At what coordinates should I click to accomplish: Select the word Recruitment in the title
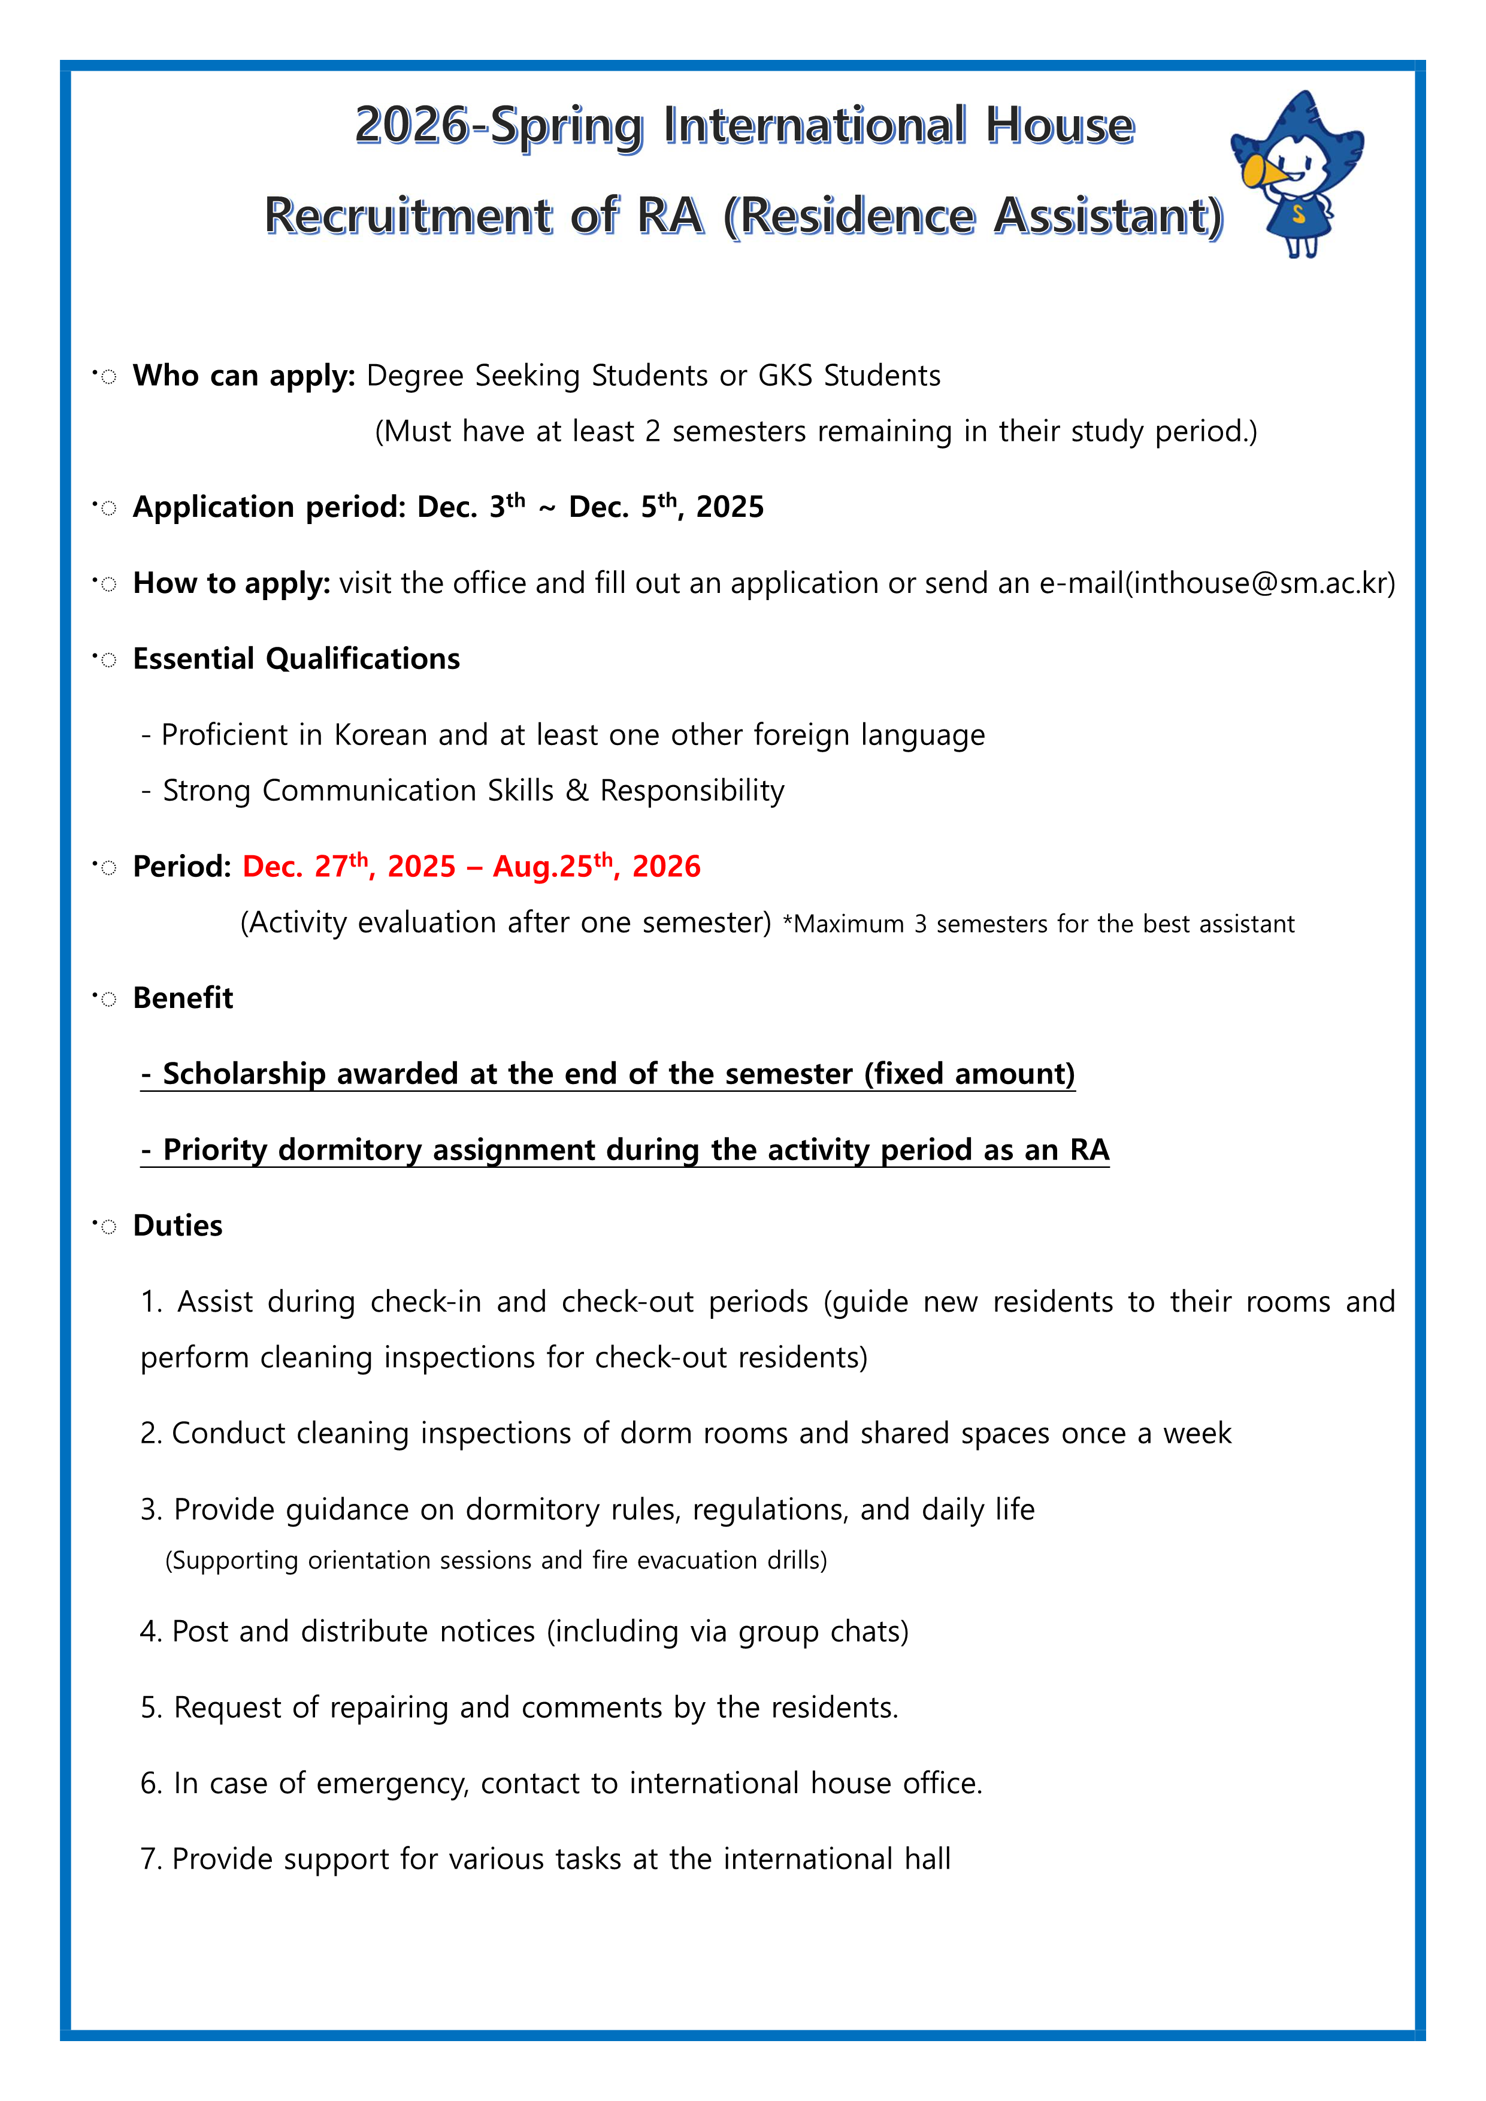(408, 216)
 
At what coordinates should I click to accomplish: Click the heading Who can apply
(243, 375)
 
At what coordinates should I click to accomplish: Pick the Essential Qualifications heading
(296, 659)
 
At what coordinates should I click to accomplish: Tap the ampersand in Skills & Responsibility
(576, 791)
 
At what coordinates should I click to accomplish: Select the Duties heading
(177, 1225)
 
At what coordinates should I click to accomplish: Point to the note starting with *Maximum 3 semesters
(1039, 924)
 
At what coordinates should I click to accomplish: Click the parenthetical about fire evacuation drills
(496, 1560)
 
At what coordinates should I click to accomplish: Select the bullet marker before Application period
(106, 507)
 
